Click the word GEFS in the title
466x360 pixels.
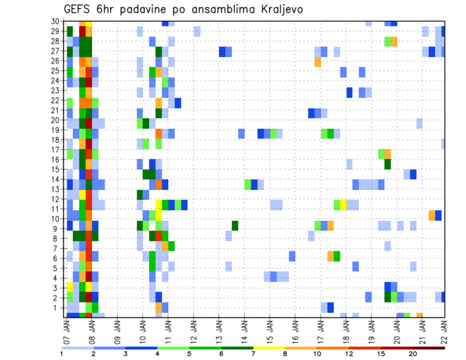[80, 10]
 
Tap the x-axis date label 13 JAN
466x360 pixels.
[219, 330]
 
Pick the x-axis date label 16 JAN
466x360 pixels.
[295, 330]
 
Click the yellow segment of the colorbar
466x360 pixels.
[269, 347]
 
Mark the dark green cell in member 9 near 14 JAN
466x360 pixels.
[235, 226]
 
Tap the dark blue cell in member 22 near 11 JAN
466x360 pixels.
[178, 103]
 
